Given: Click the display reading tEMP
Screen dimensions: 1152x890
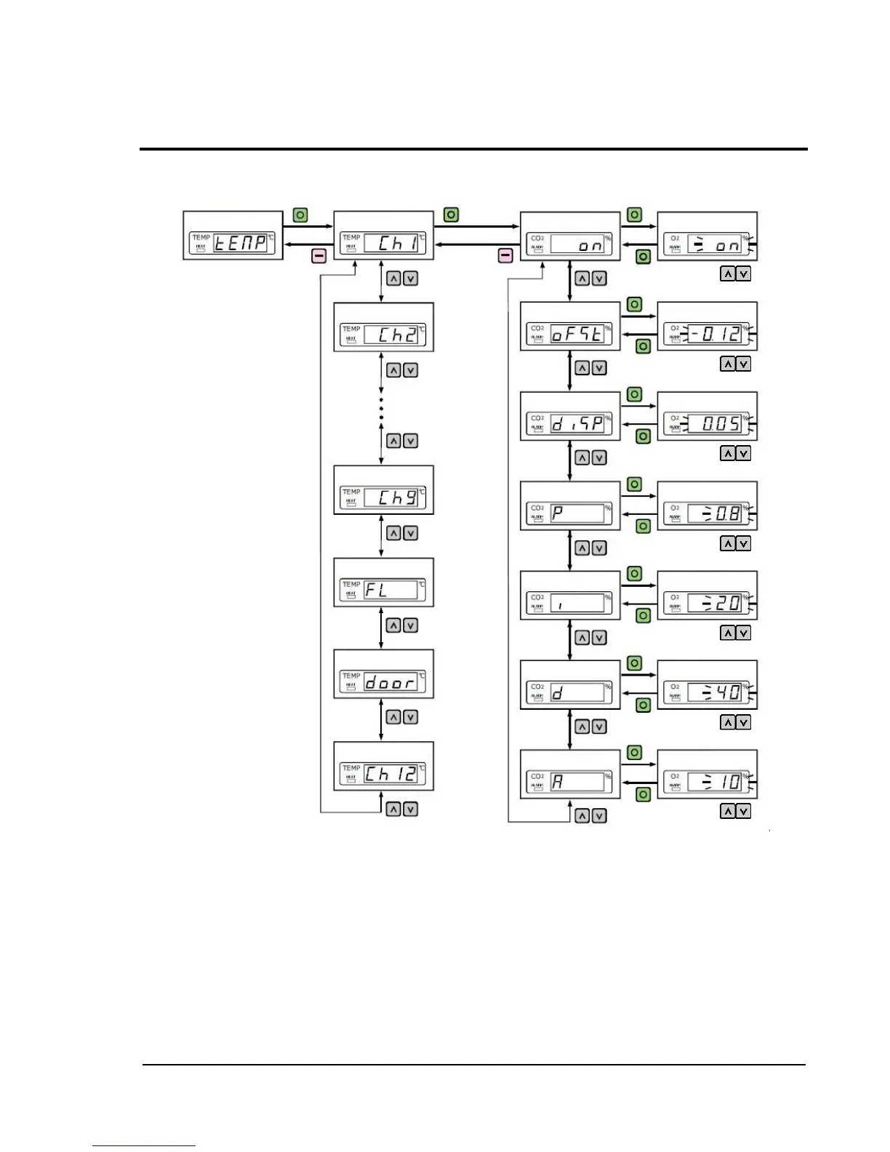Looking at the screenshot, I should [233, 236].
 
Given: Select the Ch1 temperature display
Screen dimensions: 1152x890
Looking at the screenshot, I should [383, 236].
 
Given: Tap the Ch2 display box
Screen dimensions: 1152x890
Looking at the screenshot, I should [383, 327].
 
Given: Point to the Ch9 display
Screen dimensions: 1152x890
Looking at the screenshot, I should [383, 490].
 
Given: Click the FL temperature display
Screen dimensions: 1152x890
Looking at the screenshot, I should [383, 583].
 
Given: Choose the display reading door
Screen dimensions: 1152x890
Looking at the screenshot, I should [383, 674].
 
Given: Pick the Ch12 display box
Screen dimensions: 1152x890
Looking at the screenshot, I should [383, 766].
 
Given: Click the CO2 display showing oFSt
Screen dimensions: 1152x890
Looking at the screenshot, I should [570, 327].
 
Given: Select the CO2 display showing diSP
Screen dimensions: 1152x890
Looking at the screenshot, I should [570, 416].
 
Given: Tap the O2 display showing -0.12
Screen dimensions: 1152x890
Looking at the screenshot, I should [707, 327].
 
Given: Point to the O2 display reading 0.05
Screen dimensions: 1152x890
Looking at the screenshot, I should [707, 416].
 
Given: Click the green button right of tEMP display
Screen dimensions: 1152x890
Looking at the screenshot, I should [300, 215].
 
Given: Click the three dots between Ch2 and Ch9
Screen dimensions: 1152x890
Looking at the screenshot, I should [382, 408].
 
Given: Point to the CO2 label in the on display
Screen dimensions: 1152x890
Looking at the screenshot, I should [537, 238].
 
